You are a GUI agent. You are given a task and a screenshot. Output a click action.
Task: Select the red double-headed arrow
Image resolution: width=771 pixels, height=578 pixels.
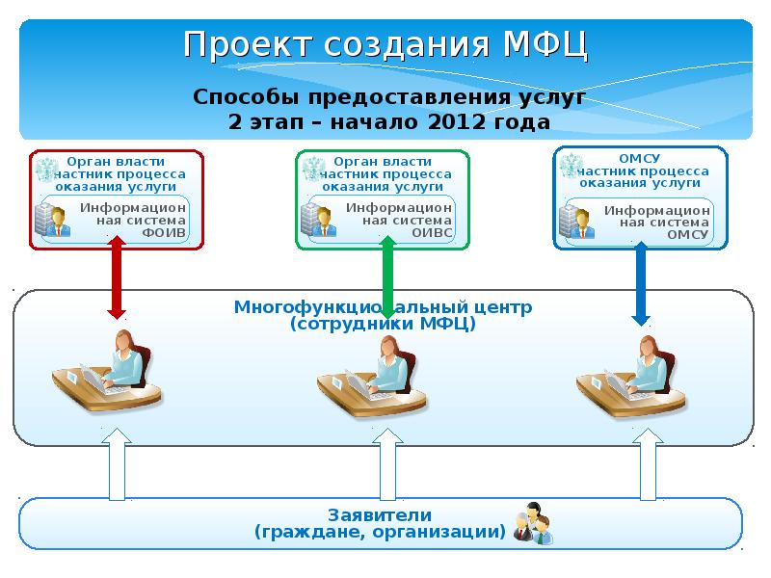click(x=117, y=279)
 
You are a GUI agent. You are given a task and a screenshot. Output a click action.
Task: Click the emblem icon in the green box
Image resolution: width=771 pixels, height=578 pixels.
click(x=312, y=171)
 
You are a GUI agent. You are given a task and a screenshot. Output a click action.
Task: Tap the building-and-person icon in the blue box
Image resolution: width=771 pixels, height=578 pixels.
click(x=579, y=221)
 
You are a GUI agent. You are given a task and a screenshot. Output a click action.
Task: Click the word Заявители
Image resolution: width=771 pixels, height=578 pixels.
click(x=379, y=514)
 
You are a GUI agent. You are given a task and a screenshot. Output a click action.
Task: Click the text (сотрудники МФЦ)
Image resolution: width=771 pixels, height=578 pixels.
click(x=383, y=325)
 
